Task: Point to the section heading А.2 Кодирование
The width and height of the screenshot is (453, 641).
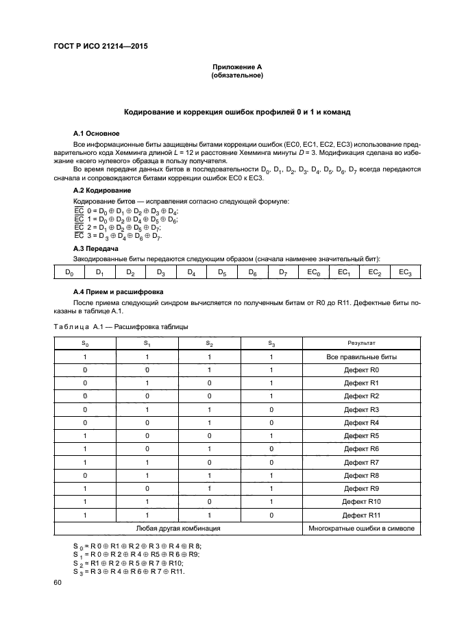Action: click(102, 190)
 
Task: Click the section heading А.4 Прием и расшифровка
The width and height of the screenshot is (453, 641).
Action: click(116, 291)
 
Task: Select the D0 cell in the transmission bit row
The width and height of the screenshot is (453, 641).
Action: click(69, 273)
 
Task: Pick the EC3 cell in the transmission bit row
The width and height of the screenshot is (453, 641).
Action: click(404, 273)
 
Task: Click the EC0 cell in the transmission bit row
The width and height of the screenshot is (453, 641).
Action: click(313, 273)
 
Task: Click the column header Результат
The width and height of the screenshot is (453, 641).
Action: click(361, 343)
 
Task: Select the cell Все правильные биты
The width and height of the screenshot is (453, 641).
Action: click(361, 357)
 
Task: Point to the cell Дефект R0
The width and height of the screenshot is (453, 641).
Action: click(361, 370)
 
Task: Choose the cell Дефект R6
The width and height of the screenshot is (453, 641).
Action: click(361, 448)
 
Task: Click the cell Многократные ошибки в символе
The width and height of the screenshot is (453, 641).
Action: click(361, 528)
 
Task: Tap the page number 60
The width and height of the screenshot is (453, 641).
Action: click(58, 582)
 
